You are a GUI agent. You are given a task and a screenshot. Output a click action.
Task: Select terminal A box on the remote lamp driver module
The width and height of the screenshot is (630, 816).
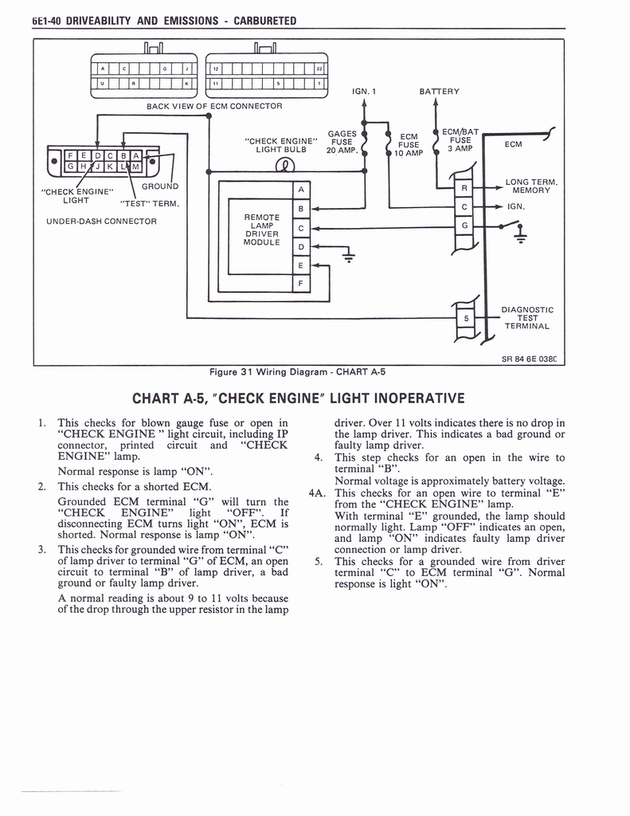300,190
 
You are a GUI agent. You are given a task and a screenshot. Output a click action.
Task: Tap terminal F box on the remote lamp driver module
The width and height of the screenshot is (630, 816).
300,284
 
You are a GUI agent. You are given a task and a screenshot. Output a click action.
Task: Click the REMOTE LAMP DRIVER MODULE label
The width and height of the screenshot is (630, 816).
262,229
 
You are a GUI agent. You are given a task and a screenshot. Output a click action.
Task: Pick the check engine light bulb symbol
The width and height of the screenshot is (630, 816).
284,166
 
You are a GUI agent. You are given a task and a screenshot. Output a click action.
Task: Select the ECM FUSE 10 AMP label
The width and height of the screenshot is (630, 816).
409,145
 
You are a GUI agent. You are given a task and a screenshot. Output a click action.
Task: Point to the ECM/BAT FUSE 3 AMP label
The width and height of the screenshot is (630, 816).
460,140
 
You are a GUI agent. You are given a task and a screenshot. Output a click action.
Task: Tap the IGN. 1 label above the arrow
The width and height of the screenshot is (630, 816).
363,92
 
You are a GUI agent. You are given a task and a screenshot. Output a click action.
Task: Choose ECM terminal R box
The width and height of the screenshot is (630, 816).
464,188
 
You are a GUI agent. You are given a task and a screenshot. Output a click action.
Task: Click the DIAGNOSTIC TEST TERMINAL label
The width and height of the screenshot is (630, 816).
526,317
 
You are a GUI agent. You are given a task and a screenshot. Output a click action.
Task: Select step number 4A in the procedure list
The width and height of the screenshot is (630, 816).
319,492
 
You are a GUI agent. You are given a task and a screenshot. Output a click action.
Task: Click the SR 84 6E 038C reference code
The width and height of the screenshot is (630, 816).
529,359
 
